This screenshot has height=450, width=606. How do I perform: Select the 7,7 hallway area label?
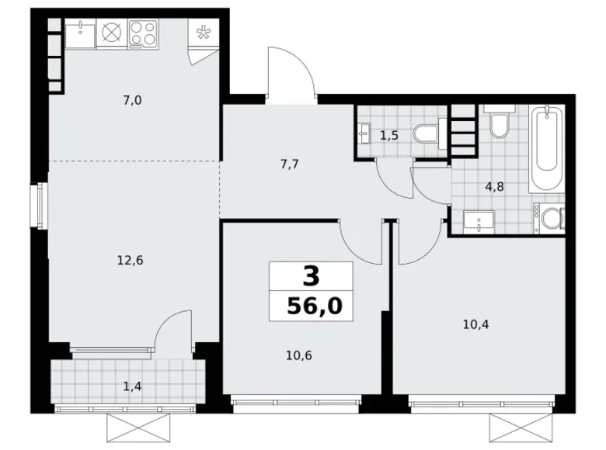[x=289, y=164]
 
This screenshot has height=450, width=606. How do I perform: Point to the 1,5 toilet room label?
[x=388, y=136]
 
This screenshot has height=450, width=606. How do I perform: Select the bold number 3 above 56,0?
[x=310, y=275]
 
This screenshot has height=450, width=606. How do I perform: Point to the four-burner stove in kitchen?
[x=142, y=32]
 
